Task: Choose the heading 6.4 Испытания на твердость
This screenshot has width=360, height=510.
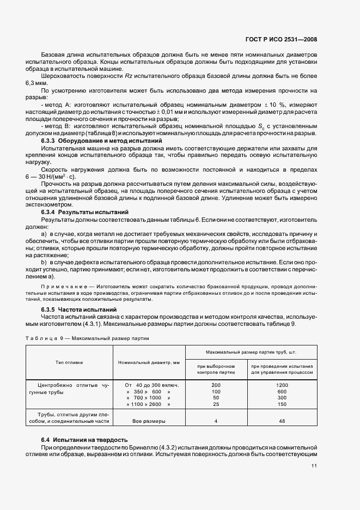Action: pos(84,439)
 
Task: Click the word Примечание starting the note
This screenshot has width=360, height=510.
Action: pos(60,286)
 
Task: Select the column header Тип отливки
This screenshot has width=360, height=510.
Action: pos(69,362)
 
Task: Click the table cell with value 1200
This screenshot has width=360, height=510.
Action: pos(282,385)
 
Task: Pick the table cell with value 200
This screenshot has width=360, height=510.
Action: pos(216,385)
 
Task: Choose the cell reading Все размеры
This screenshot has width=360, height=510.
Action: pos(149,421)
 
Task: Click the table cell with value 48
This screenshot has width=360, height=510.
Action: pos(282,421)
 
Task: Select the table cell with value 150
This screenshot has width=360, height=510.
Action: pos(282,404)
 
